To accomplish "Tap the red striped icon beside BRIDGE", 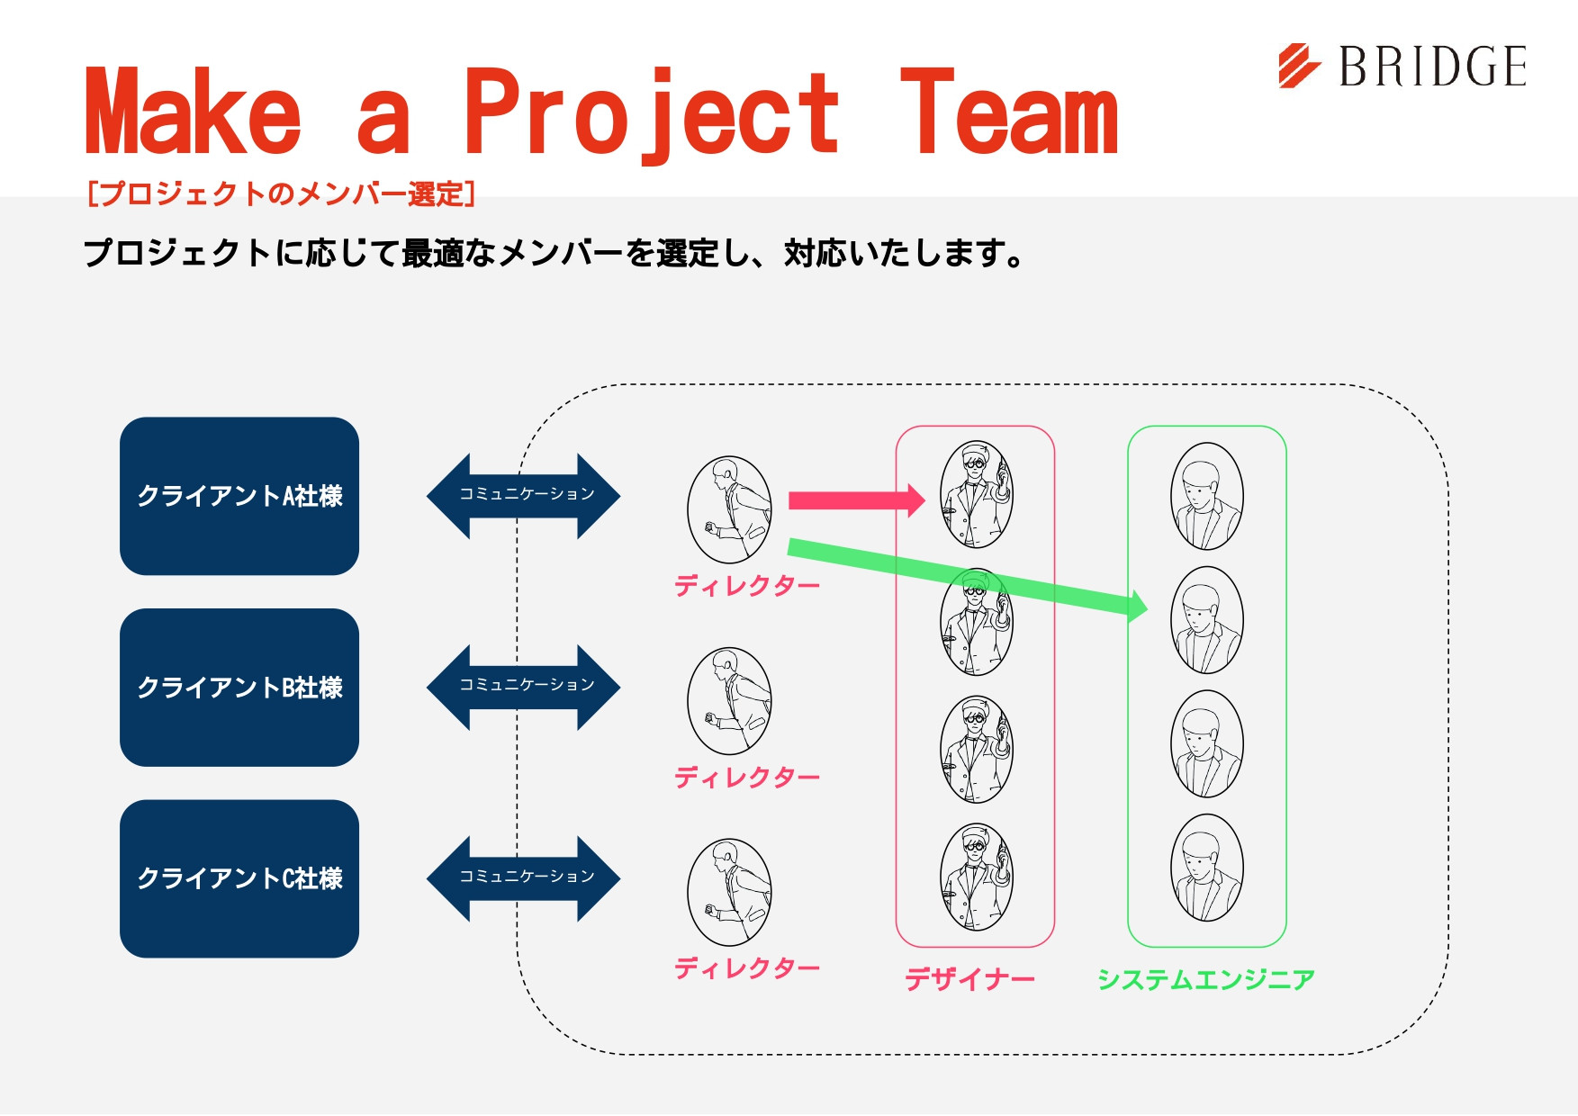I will [1299, 67].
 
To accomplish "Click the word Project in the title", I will [651, 113].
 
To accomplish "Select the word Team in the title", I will [1008, 113].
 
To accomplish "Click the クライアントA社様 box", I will [239, 496].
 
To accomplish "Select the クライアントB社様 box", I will [239, 688].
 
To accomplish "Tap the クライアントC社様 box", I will [239, 878].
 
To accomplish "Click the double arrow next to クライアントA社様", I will [524, 496].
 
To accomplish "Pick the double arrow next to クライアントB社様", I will [524, 687].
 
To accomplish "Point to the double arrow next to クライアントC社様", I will [524, 878].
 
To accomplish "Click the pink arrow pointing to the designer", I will [855, 501].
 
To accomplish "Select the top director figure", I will [729, 509].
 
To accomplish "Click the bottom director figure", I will [729, 892].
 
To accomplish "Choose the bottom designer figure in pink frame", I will [977, 877].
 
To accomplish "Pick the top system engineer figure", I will [1207, 496].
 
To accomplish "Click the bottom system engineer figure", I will [1207, 868].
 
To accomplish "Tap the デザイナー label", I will [969, 979].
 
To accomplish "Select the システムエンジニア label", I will [1206, 979].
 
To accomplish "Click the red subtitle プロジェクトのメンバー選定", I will [281, 193].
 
